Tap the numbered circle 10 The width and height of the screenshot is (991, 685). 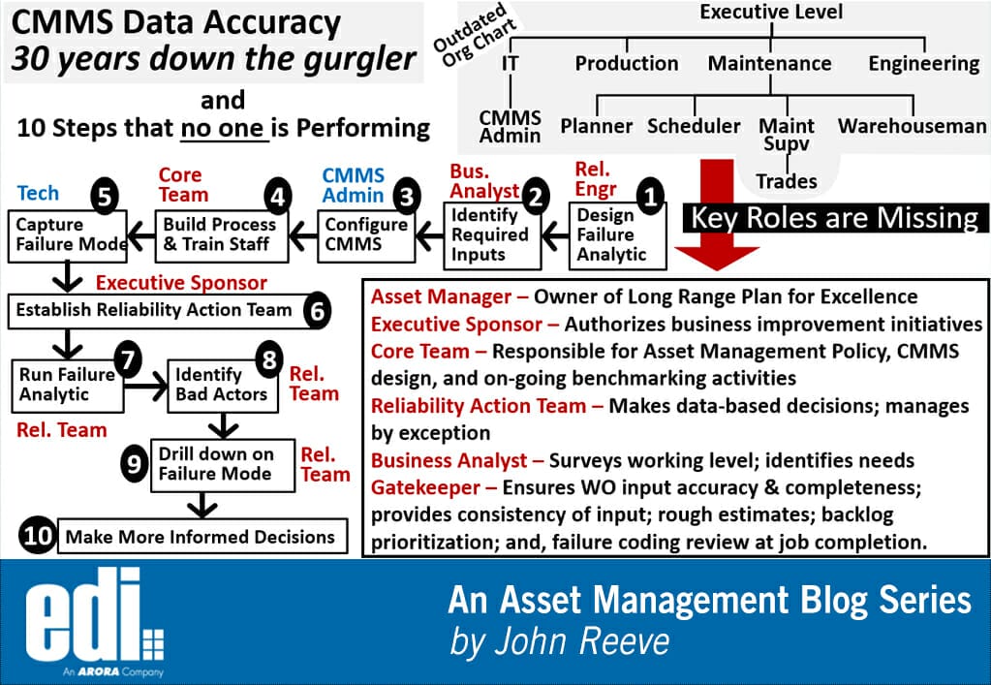coord(38,536)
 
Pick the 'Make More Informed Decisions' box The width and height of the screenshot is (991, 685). coord(201,536)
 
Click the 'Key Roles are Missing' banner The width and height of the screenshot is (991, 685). coord(834,217)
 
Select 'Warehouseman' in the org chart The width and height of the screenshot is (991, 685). coord(912,126)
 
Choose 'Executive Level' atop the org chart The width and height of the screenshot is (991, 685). coord(771,12)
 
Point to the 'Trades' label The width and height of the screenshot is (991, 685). coord(786,181)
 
